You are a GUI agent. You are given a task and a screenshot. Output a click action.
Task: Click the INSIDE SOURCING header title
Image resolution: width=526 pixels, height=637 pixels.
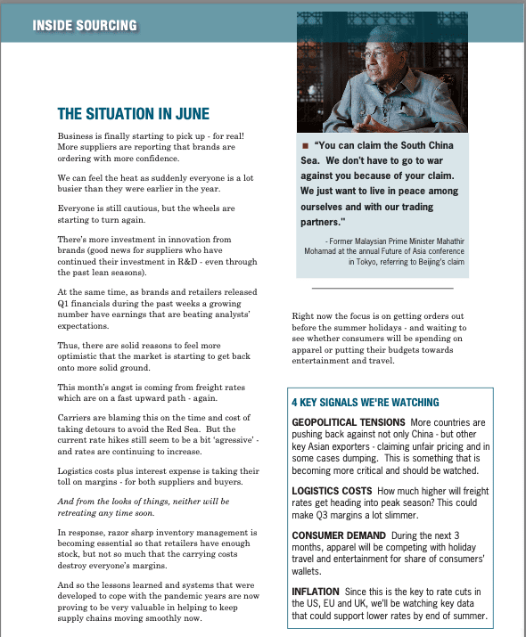click(85, 25)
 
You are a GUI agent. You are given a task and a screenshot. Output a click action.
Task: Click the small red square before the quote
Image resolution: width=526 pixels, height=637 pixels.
click(306, 145)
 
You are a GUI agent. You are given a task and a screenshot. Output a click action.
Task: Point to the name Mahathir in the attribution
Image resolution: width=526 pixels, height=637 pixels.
click(443, 241)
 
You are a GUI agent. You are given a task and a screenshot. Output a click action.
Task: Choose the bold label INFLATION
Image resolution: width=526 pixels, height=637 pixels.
click(316, 591)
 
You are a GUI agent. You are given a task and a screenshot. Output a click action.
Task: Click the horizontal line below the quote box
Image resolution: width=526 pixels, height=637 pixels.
click(382, 288)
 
